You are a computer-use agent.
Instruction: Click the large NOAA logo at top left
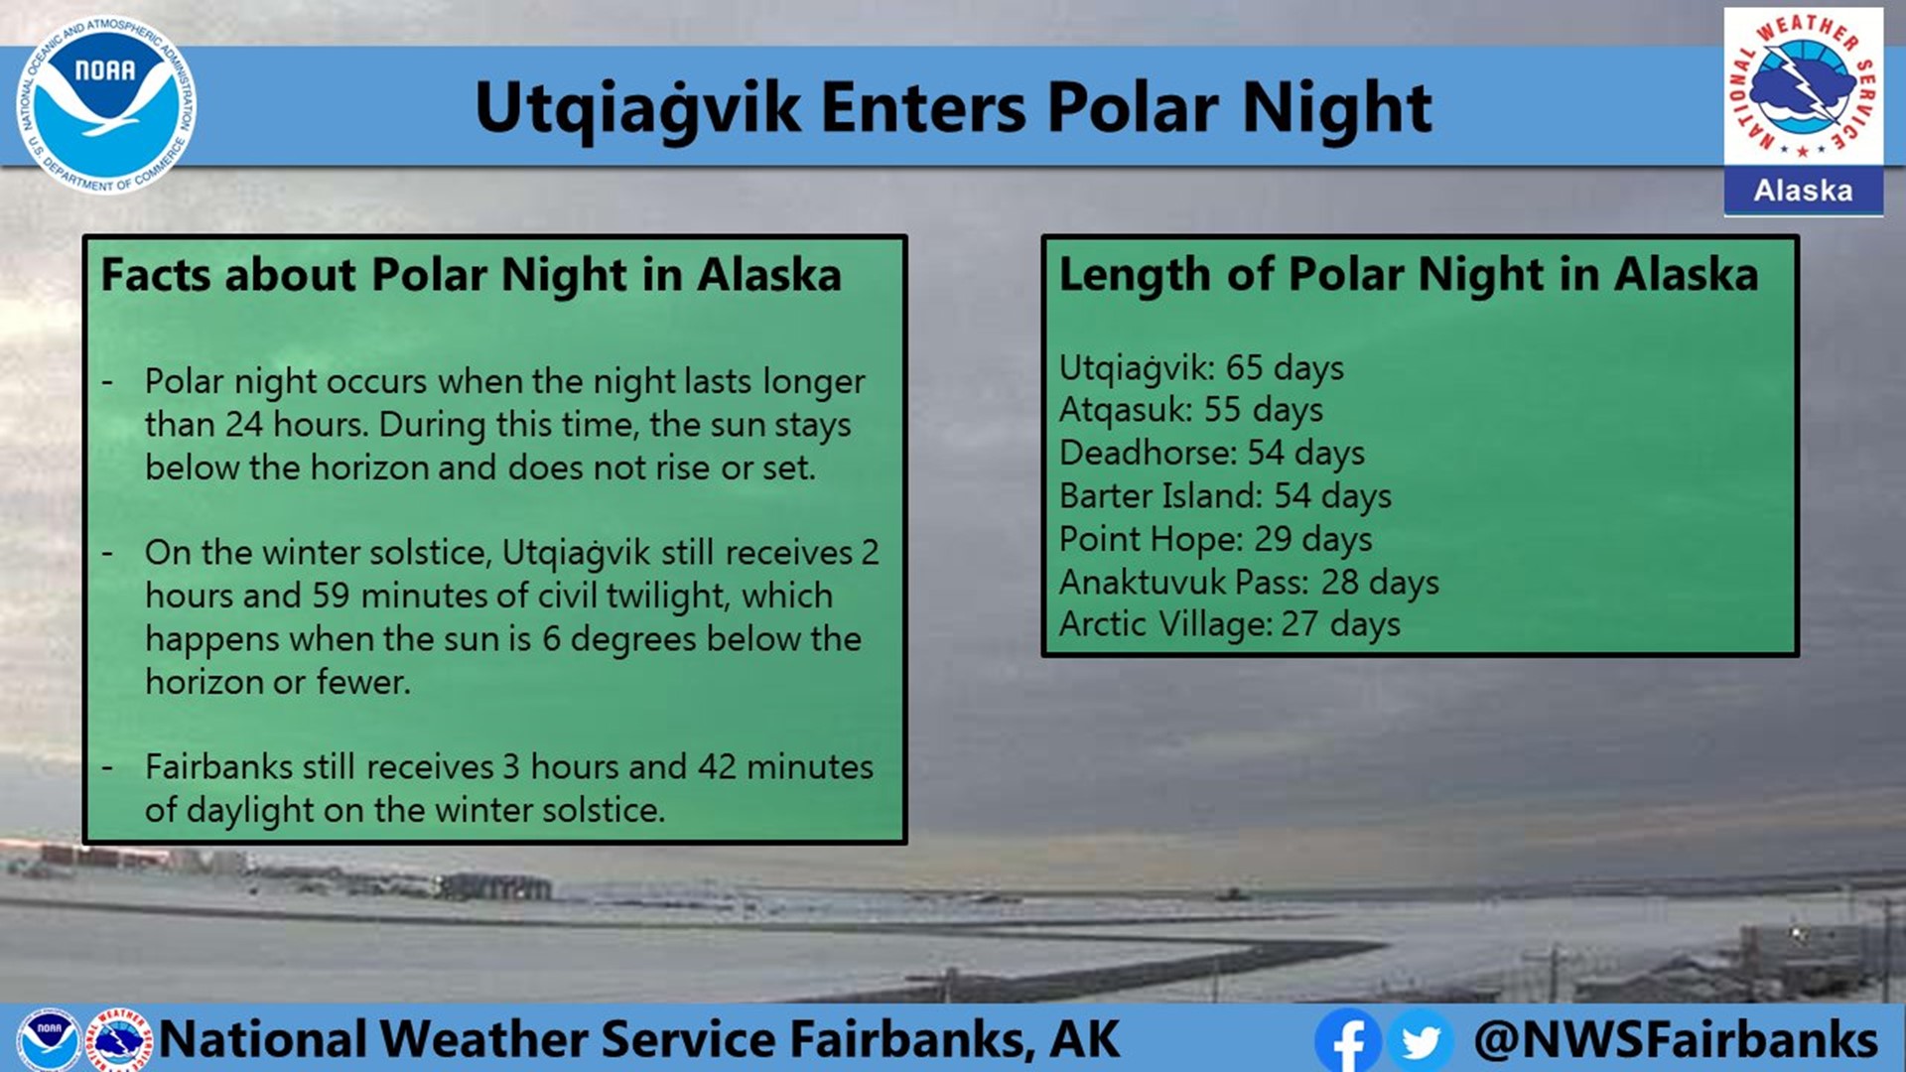pyautogui.click(x=105, y=105)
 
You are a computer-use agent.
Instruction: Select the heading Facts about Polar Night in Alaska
pyautogui.click(x=471, y=275)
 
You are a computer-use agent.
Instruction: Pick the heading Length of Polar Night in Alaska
pyautogui.click(x=1408, y=275)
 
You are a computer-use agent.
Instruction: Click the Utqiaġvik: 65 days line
pyautogui.click(x=1201, y=368)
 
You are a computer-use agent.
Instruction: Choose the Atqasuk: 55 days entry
pyautogui.click(x=1190, y=410)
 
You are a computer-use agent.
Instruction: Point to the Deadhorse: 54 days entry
pyautogui.click(x=1211, y=453)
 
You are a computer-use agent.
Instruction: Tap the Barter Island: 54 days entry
pyautogui.click(x=1225, y=496)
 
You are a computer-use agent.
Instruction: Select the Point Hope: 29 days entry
pyautogui.click(x=1215, y=539)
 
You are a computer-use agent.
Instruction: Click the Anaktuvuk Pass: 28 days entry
pyautogui.click(x=1249, y=582)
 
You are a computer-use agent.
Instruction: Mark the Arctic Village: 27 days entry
pyautogui.click(x=1229, y=624)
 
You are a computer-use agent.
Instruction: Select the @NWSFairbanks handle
pyautogui.click(x=1676, y=1039)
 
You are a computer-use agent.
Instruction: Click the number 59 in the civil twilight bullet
pyautogui.click(x=331, y=596)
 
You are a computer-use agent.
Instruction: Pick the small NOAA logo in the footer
pyautogui.click(x=48, y=1037)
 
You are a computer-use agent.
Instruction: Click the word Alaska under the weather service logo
pyautogui.click(x=1803, y=191)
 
